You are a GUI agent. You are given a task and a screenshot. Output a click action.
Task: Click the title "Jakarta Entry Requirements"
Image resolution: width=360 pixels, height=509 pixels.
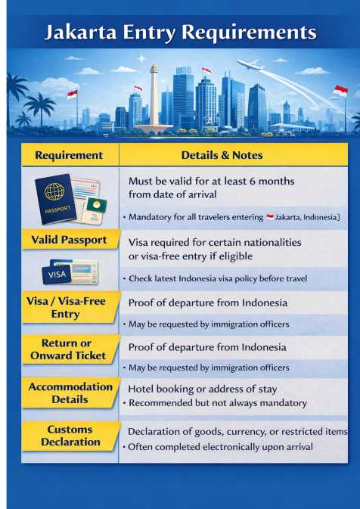[180, 32]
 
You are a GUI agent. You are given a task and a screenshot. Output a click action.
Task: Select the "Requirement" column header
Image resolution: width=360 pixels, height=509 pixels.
[69, 155]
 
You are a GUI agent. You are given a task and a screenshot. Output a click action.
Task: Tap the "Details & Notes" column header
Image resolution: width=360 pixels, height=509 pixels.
[222, 155]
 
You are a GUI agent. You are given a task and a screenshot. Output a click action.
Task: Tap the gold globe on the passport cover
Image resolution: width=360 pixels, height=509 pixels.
[54, 190]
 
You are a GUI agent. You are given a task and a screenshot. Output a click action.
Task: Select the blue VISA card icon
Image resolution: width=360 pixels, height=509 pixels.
[57, 274]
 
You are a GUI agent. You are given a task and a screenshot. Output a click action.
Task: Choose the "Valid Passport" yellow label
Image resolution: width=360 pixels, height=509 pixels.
[69, 240]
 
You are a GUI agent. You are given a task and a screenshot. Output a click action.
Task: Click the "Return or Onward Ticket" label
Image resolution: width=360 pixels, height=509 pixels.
[69, 349]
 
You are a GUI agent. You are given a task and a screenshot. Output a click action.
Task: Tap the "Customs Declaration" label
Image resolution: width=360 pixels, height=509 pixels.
[70, 435]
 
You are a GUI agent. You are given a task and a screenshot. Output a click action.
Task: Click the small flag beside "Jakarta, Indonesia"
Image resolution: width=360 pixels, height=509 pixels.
[270, 218]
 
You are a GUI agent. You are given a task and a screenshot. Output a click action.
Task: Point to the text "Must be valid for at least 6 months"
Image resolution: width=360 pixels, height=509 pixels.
[211, 182]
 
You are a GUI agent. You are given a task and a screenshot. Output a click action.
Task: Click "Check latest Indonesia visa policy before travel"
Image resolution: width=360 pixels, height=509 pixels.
[217, 278]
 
